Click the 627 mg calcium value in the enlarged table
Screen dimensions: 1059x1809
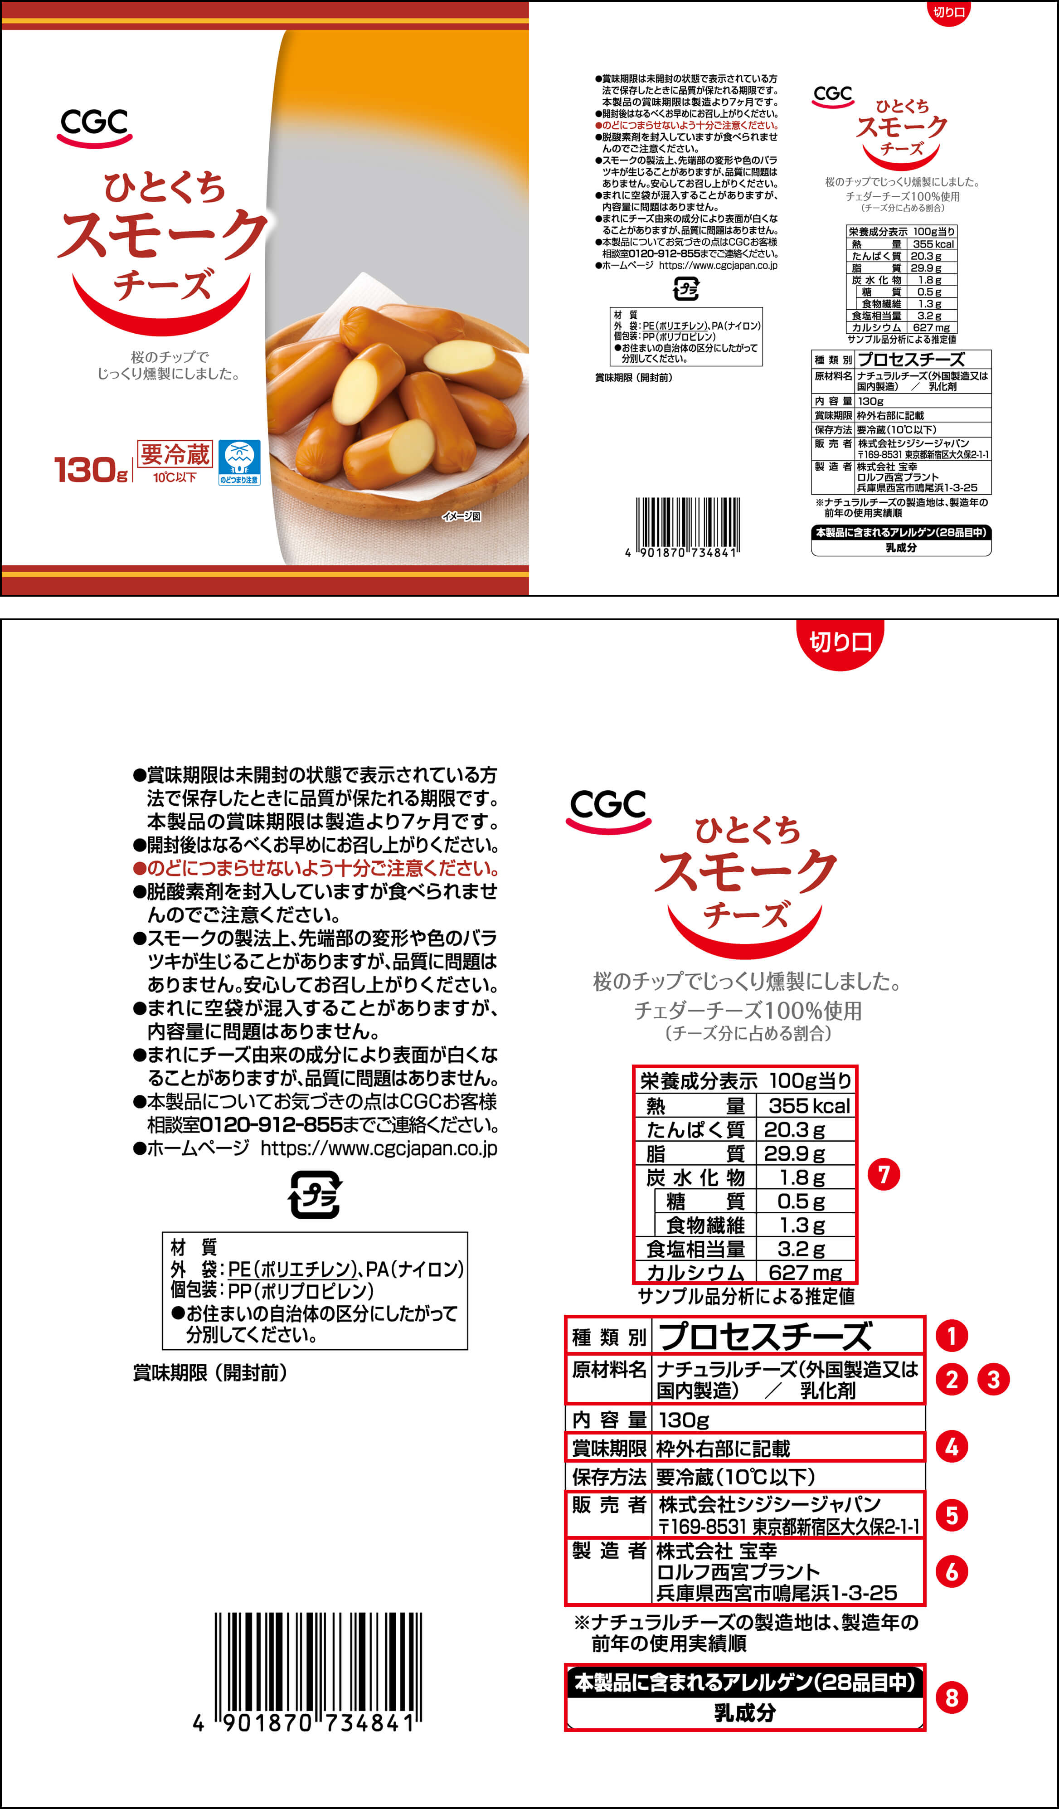click(805, 1272)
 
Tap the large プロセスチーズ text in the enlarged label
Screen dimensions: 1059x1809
click(765, 1336)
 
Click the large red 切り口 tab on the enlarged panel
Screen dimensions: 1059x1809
click(840, 642)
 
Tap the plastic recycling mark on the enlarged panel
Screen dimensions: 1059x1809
click(315, 1195)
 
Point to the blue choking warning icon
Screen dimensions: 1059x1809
click(239, 463)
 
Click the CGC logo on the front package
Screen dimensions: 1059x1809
click(94, 127)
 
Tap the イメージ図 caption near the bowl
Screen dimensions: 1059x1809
click(461, 516)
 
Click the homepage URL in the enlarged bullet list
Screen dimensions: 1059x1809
click(379, 1148)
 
